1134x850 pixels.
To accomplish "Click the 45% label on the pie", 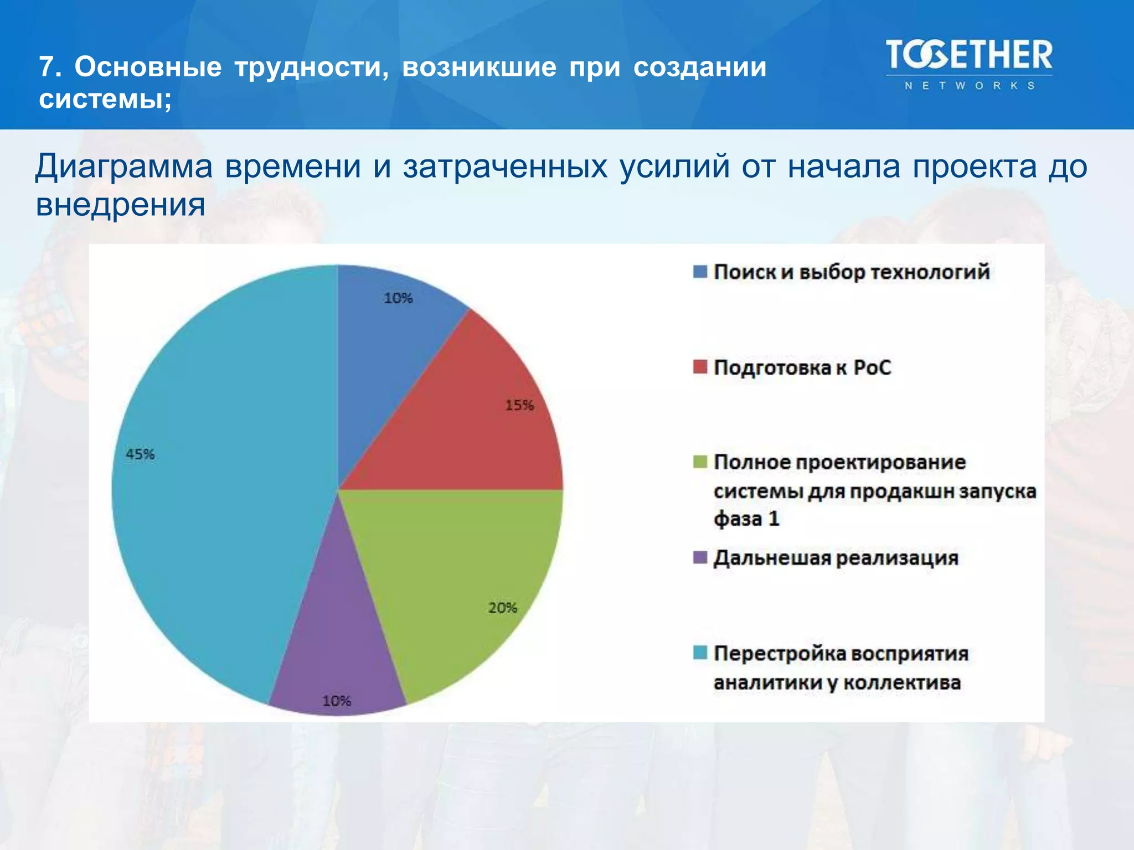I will [x=140, y=454].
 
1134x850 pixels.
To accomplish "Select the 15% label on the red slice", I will [x=519, y=405].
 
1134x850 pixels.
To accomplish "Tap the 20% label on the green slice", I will [x=502, y=608].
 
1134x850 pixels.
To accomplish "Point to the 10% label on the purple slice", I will [x=337, y=701].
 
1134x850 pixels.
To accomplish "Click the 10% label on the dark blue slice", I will [x=398, y=298].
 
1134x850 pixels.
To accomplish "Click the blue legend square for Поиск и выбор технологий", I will [x=700, y=272].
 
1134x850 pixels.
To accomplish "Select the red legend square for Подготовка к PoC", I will [x=700, y=367].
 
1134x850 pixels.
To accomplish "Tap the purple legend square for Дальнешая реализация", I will [x=700, y=557].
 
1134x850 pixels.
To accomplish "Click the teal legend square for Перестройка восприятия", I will [x=700, y=653].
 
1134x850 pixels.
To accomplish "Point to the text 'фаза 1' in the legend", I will [x=746, y=519].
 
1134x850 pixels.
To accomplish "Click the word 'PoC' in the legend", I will [x=872, y=367].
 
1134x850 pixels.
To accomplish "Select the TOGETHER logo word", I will [x=968, y=56].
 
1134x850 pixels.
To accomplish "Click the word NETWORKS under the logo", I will [x=969, y=86].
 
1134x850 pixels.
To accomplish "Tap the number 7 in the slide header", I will [x=48, y=68].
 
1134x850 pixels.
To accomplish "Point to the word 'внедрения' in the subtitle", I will [x=121, y=205].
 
